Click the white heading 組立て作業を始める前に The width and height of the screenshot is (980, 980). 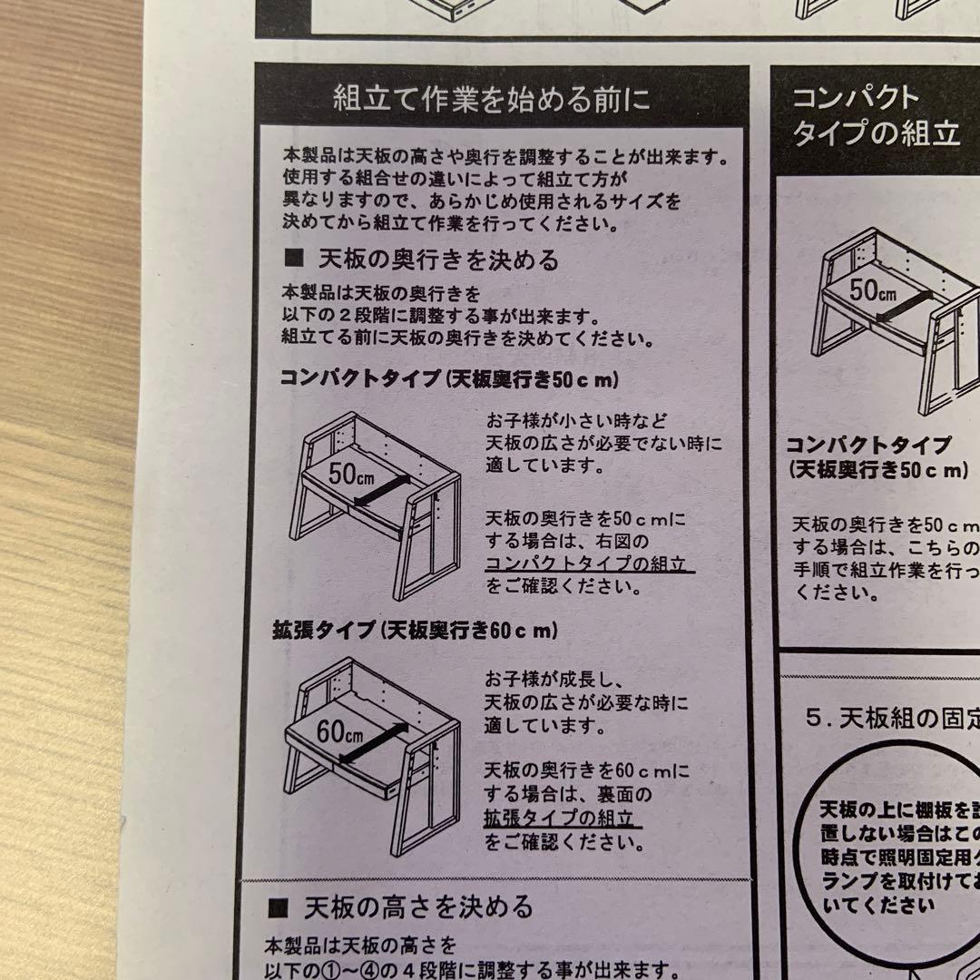point(492,98)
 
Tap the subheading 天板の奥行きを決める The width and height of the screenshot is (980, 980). point(438,260)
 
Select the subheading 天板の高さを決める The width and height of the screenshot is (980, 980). point(418,906)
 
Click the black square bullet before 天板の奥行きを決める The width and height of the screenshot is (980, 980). point(293,260)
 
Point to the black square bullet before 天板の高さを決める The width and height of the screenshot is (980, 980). point(279,906)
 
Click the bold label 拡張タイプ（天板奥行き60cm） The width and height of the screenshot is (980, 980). point(415,631)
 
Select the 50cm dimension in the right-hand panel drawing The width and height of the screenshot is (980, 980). point(872,290)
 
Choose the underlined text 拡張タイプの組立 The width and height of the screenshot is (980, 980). point(563,818)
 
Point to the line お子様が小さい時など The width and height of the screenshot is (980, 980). point(576,422)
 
